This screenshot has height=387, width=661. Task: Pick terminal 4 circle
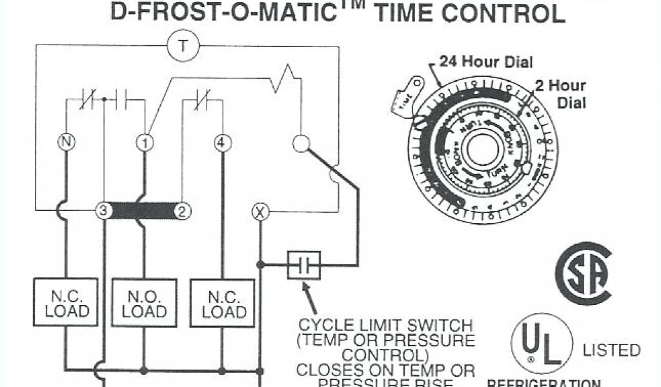[222, 142]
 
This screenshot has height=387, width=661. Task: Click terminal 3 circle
[103, 210]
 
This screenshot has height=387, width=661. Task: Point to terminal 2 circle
[183, 210]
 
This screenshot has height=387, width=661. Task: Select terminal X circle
[260, 211]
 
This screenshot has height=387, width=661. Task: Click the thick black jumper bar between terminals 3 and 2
[143, 210]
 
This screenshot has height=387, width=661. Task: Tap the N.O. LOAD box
[144, 304]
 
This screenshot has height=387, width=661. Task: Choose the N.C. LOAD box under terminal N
[65, 304]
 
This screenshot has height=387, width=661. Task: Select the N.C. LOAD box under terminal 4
[223, 304]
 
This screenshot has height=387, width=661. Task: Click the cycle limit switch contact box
[303, 264]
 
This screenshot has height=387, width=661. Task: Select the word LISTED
[611, 350]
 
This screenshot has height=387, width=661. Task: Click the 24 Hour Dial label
[486, 62]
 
